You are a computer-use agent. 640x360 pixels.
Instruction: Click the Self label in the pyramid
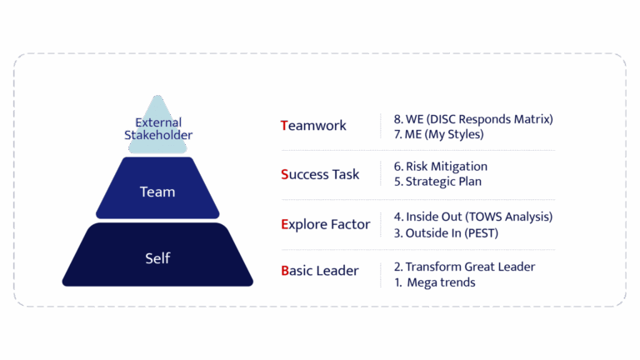(157, 258)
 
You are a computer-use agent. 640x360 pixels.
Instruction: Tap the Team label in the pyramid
(157, 192)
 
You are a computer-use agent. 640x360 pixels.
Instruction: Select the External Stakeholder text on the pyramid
(158, 128)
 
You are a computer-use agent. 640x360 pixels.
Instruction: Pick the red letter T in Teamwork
(285, 126)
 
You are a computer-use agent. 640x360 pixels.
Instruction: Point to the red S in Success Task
(285, 174)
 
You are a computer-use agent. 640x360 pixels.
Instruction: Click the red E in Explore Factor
(285, 224)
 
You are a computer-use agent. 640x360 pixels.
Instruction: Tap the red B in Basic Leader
(285, 271)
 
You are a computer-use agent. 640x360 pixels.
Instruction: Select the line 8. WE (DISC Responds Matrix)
(472, 119)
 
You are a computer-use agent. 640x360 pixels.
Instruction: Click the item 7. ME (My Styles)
(437, 134)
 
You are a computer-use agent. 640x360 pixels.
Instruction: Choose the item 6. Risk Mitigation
(440, 167)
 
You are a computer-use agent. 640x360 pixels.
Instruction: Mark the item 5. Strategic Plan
(437, 182)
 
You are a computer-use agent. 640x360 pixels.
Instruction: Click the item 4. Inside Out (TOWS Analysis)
(472, 217)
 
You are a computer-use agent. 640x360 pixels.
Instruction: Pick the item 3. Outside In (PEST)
(445, 233)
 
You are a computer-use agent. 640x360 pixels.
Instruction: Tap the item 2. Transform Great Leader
(464, 267)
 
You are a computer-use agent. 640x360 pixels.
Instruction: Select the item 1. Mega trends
(434, 282)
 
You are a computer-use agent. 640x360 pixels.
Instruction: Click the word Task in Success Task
(345, 174)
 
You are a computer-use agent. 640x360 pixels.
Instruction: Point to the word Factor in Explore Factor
(350, 224)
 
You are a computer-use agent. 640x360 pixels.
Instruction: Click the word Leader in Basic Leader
(339, 271)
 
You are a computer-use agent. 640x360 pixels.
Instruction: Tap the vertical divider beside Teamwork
(382, 126)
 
